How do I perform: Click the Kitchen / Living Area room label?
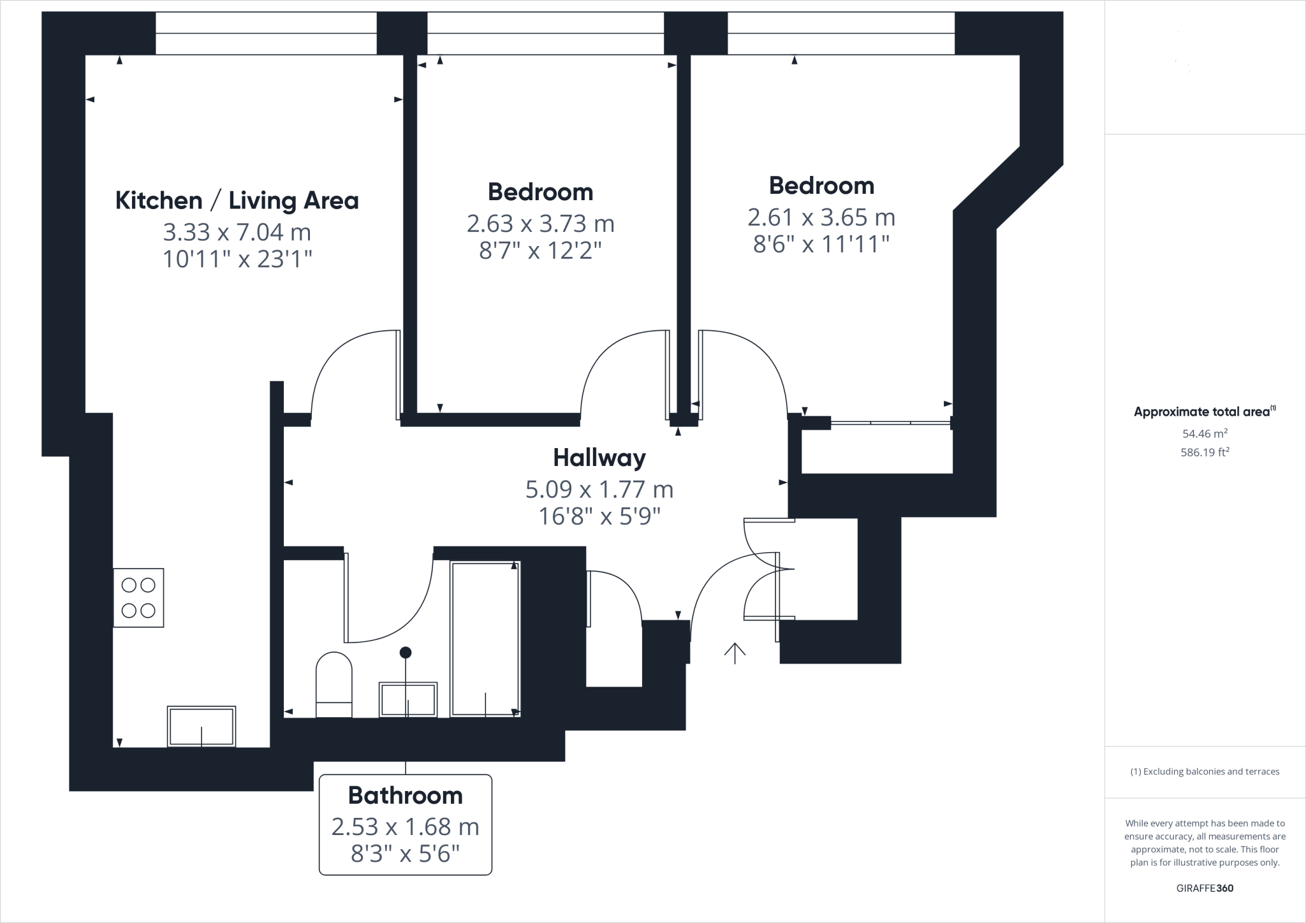pos(237,201)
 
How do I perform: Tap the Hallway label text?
pos(599,458)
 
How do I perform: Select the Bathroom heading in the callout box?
pos(405,796)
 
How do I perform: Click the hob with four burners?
pos(138,598)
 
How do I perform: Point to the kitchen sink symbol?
pos(202,726)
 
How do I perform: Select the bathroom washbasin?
pos(408,700)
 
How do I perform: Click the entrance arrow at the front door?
pos(735,653)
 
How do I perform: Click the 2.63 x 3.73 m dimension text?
pos(540,224)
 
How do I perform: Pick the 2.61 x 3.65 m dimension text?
pos(821,218)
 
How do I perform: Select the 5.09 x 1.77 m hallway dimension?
pos(599,490)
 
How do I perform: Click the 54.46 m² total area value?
pos(1205,433)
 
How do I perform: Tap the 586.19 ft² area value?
pos(1205,453)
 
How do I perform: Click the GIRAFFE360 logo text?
pos(1205,888)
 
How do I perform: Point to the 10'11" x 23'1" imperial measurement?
pos(237,259)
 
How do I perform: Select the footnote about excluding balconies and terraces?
pos(1205,771)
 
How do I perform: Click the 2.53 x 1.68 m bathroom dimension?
pos(405,827)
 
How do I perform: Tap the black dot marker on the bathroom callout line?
pos(405,652)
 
